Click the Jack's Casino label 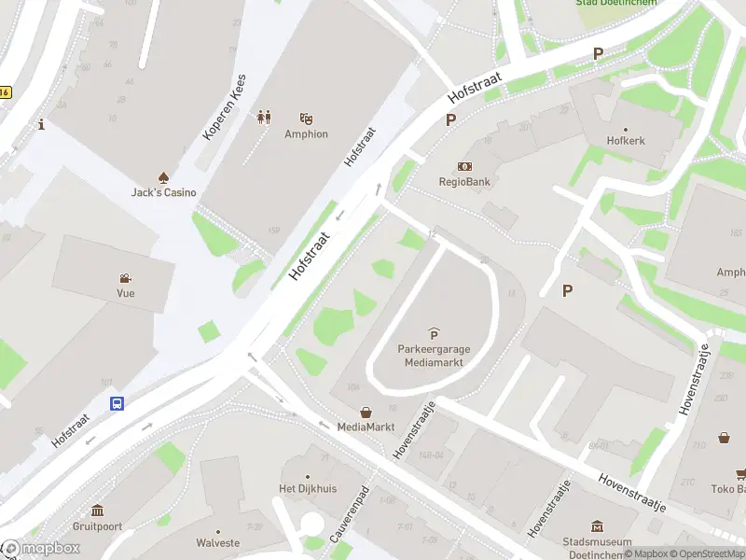click(163, 192)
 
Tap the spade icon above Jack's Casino click(163, 176)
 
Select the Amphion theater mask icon click(306, 118)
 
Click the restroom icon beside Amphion click(264, 118)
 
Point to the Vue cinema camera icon click(125, 277)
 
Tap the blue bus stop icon click(117, 404)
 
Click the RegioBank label click(464, 182)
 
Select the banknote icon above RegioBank click(464, 165)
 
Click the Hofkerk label click(625, 141)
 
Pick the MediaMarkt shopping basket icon click(366, 412)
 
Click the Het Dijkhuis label click(307, 489)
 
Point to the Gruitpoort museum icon click(98, 510)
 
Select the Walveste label click(217, 542)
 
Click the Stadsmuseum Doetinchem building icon click(598, 527)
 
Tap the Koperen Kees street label click(224, 108)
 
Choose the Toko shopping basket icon click(725, 437)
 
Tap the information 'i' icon click(41, 124)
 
